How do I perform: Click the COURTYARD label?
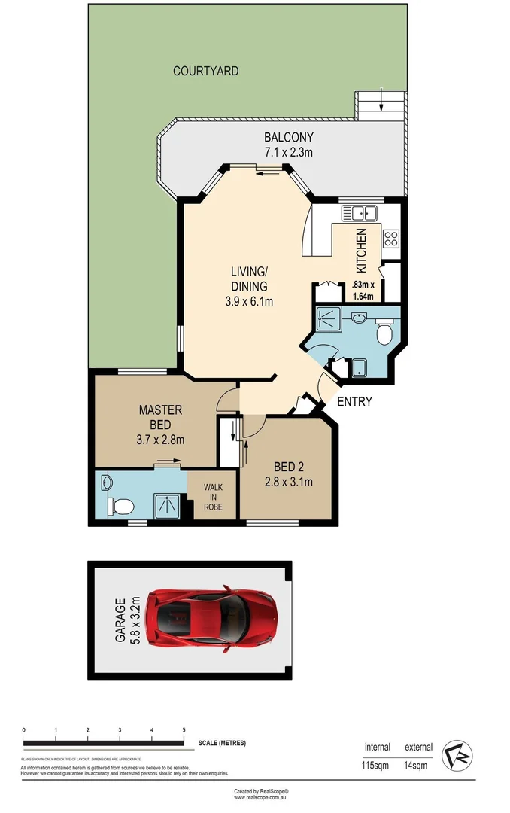(205, 72)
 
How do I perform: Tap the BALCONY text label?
(288, 138)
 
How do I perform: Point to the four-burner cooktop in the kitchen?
(391, 239)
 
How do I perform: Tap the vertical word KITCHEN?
(361, 251)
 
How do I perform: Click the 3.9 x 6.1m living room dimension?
(249, 302)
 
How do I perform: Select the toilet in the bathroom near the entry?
(384, 331)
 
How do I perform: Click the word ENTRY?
(354, 402)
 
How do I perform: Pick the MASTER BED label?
(160, 418)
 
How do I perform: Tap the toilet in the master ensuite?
(120, 504)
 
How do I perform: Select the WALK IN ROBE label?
(214, 497)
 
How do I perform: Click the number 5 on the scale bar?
(184, 730)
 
